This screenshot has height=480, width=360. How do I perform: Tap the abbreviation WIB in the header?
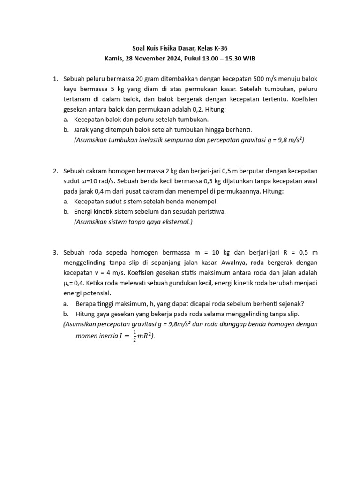click(249, 59)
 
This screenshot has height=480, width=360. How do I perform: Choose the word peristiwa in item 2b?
click(211, 211)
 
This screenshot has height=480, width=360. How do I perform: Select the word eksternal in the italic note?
click(176, 221)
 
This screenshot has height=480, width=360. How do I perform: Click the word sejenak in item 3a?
click(292, 303)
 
